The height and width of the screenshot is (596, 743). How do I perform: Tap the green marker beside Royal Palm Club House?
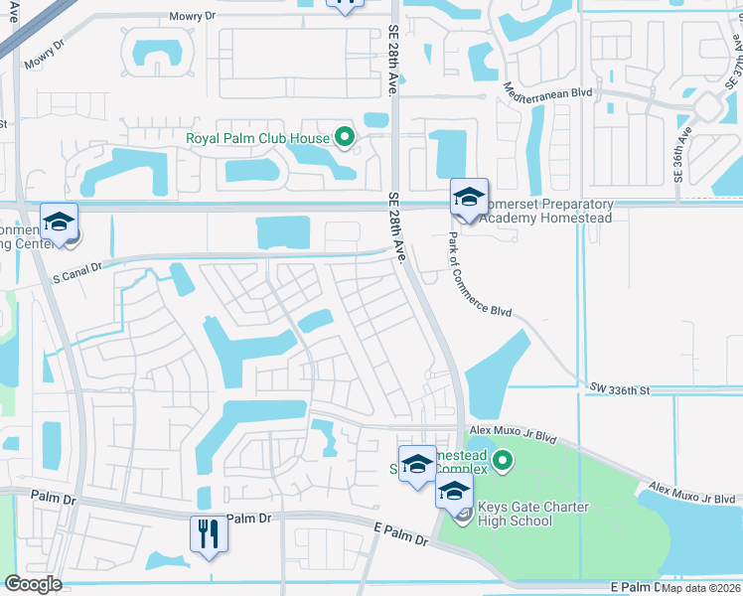click(345, 137)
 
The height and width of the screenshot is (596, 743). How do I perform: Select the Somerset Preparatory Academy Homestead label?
click(541, 212)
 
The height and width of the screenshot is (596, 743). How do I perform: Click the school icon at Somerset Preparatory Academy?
click(470, 196)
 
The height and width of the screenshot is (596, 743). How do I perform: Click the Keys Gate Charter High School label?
click(533, 514)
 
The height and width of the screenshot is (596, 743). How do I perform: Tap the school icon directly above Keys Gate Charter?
click(454, 490)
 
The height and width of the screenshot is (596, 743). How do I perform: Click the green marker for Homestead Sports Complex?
click(504, 459)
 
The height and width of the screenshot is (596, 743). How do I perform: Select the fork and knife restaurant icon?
click(209, 533)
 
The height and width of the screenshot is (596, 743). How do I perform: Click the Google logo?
click(33, 584)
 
